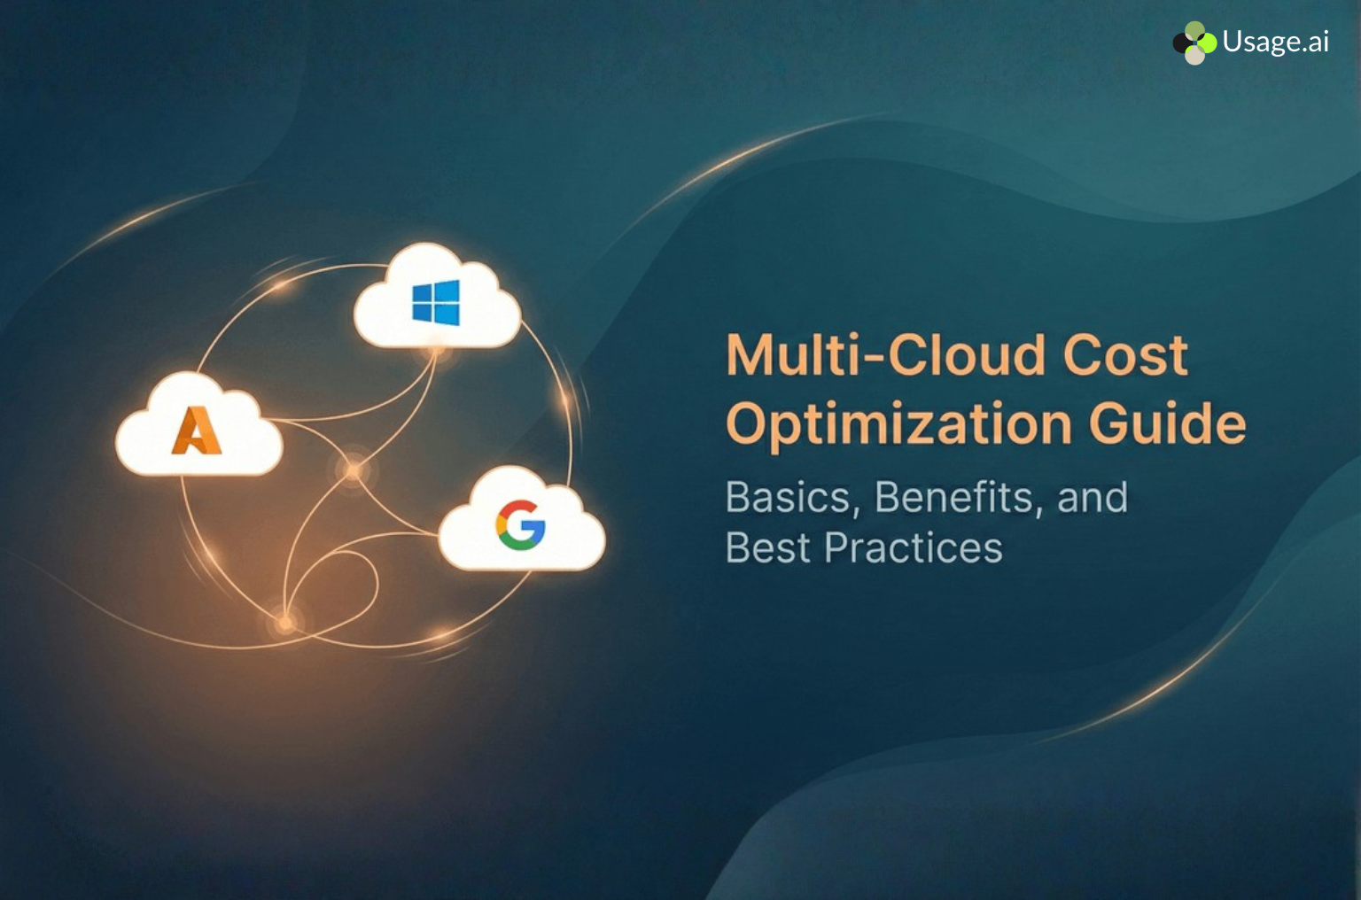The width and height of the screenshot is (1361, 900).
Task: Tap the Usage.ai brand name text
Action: coord(1275,42)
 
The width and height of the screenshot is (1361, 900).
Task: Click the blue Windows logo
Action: coord(436,302)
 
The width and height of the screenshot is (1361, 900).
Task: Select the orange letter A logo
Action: coord(197,431)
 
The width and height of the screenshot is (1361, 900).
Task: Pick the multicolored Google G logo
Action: coord(520,525)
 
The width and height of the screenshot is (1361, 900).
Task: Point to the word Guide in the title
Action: coord(1167,423)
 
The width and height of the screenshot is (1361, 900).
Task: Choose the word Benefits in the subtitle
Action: coord(953,497)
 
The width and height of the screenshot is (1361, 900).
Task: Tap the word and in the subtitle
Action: coord(1093,497)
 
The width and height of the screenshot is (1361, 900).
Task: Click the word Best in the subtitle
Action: coord(767,547)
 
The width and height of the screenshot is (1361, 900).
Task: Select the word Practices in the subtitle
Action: coord(914,547)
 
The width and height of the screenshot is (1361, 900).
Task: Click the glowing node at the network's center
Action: coord(354,470)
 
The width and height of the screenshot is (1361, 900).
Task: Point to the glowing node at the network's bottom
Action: coord(284,624)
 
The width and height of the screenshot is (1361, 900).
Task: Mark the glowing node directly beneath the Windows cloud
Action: coord(436,352)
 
